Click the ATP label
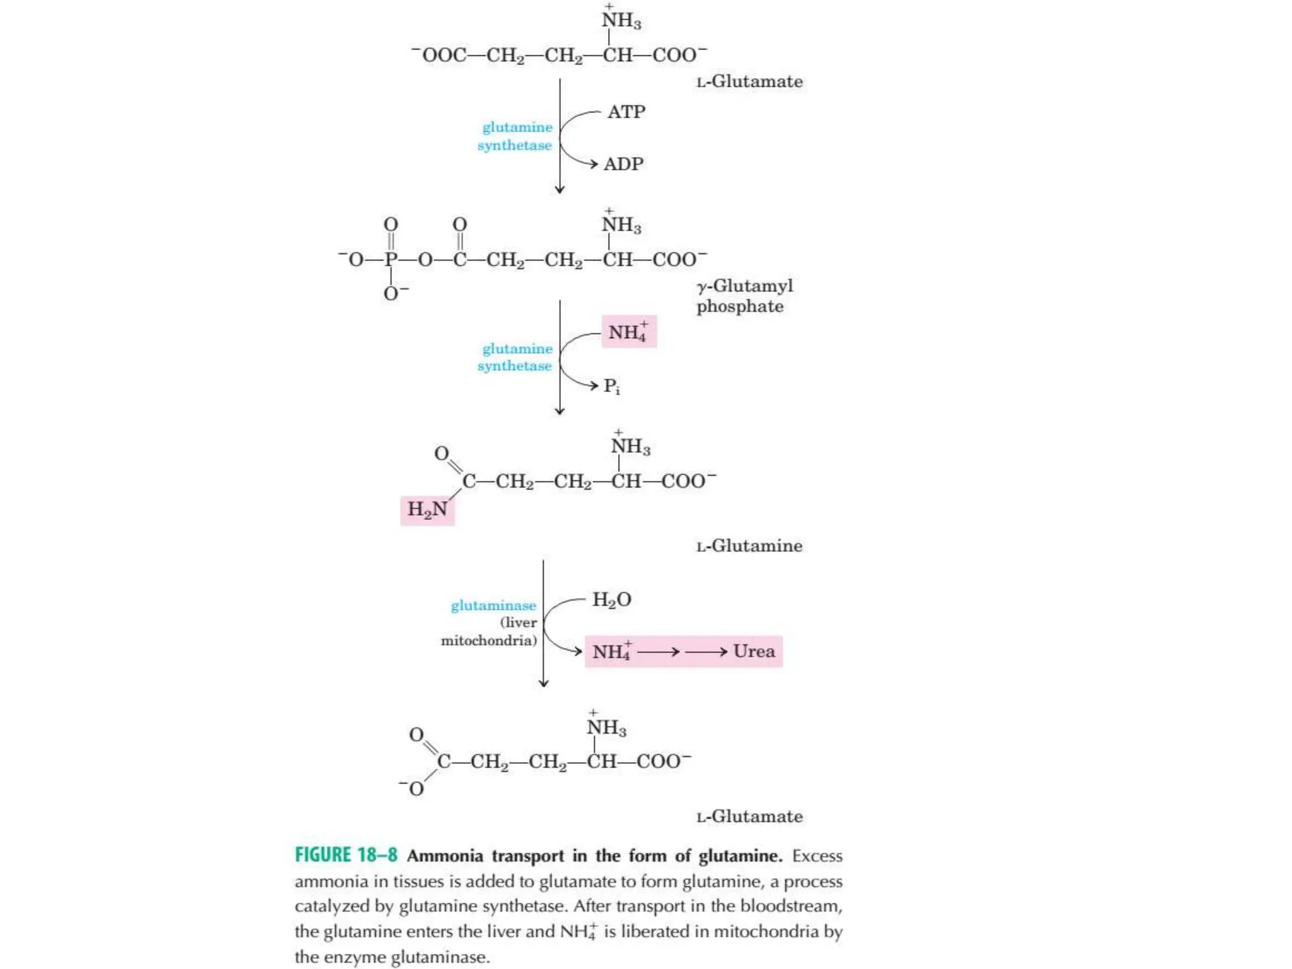click(626, 112)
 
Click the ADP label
click(623, 164)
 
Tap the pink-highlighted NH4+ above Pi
click(628, 332)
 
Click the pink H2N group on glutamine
click(427, 510)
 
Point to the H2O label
click(611, 599)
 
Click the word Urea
click(754, 651)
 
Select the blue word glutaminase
click(493, 606)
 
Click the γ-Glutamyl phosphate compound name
click(744, 296)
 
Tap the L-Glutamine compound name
click(749, 546)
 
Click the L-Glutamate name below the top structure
click(749, 81)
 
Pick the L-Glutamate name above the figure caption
click(749, 816)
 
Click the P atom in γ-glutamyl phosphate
click(391, 259)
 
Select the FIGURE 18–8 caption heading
click(346, 855)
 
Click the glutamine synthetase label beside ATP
click(515, 136)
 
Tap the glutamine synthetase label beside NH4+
click(515, 357)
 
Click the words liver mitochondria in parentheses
click(490, 631)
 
